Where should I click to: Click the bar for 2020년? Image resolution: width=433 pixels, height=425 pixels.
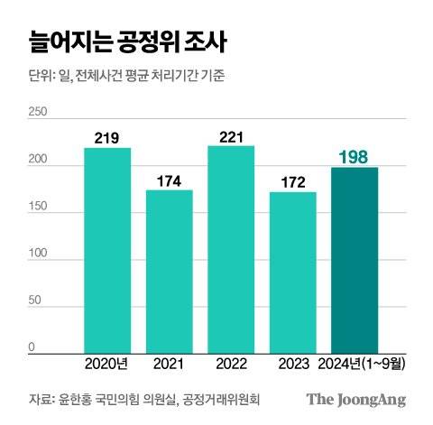point(107,250)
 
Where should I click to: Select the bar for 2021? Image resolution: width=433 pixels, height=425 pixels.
point(170,271)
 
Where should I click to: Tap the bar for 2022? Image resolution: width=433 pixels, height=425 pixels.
point(231,249)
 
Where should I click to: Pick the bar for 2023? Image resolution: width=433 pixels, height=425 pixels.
point(293,272)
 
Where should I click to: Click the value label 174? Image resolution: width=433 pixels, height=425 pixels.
point(170,180)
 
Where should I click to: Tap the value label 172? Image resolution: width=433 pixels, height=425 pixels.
point(293,182)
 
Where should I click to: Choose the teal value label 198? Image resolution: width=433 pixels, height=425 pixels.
point(355,159)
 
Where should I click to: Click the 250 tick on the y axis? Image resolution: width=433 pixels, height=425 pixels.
point(38,113)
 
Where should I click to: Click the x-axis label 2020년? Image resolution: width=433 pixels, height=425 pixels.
point(107,365)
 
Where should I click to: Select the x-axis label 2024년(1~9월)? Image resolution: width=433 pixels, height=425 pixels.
point(355,365)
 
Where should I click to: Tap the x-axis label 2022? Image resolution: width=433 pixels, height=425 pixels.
point(231,365)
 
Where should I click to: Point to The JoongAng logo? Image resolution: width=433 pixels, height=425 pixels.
point(355,400)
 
